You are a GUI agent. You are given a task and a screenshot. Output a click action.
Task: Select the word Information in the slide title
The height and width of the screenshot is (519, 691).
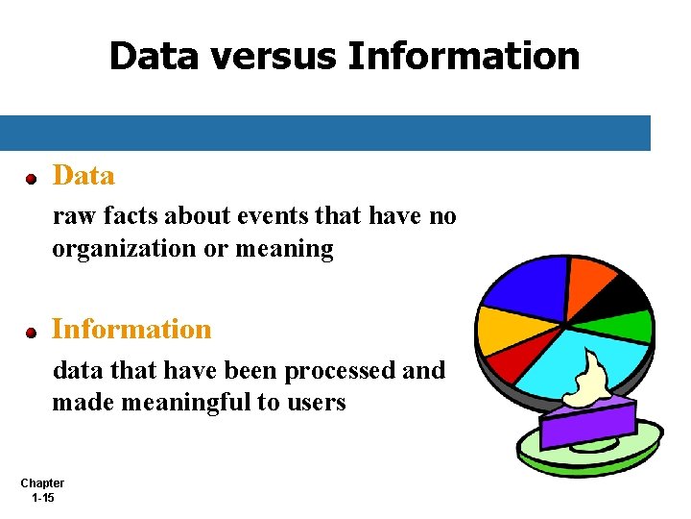(464, 56)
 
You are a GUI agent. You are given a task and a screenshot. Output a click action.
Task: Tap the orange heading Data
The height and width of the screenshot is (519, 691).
(83, 176)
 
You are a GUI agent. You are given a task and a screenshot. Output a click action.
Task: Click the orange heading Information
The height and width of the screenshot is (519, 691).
(131, 329)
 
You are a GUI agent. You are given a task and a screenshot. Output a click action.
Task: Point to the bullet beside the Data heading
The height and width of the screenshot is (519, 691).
(31, 179)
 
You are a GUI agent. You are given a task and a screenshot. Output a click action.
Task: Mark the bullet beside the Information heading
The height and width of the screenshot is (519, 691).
(31, 333)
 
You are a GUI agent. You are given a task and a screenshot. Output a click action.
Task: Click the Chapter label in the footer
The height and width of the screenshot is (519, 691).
(42, 483)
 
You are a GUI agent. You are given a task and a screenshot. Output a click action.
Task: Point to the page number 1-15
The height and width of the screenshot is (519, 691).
(42, 498)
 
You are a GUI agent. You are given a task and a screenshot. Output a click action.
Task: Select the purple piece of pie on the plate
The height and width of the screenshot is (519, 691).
(587, 423)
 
